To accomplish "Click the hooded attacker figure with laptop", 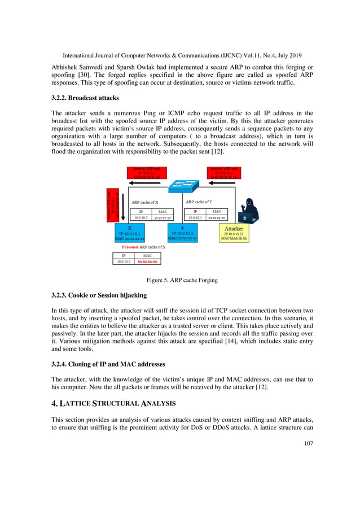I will (248, 212).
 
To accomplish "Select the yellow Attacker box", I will (234, 234).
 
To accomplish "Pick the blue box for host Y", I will (182, 233).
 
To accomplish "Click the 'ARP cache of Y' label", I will (199, 202).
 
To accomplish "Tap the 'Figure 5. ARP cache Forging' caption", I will (179, 280).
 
